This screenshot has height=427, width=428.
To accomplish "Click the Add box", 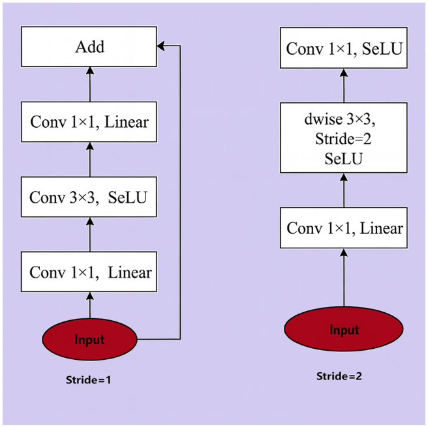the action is (x=89, y=47).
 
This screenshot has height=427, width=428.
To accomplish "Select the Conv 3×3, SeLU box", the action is (x=89, y=197).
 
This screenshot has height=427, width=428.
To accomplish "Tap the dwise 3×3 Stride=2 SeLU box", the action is (x=344, y=138).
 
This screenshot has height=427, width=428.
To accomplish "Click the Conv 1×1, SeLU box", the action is (x=344, y=48).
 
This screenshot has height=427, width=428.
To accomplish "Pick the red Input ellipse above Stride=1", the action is (x=89, y=339).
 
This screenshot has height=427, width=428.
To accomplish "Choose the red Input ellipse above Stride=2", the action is (x=344, y=329).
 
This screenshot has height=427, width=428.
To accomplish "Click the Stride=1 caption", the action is (x=89, y=380).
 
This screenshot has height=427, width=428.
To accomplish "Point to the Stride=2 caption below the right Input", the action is (x=339, y=376).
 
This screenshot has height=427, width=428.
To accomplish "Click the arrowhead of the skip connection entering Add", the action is (x=160, y=46).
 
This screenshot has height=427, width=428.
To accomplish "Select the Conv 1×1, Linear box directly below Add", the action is (x=89, y=122).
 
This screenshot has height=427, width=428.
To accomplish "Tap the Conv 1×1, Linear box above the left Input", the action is (x=89, y=272).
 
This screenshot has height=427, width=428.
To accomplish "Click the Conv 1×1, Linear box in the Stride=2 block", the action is (x=344, y=228).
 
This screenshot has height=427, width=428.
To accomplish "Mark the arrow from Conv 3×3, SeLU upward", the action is (x=90, y=160).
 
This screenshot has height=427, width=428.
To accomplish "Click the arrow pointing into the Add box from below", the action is (x=90, y=84).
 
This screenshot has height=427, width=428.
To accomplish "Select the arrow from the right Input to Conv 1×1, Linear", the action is (x=344, y=277).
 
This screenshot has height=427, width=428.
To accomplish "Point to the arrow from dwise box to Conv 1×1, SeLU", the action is (x=344, y=85).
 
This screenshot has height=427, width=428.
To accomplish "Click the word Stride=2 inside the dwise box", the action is (x=343, y=139).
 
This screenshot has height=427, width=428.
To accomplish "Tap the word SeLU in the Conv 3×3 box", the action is (x=127, y=197).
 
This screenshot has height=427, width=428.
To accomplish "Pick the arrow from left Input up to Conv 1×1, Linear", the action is (x=90, y=305).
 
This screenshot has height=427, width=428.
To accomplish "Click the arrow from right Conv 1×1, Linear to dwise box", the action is (x=344, y=190).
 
